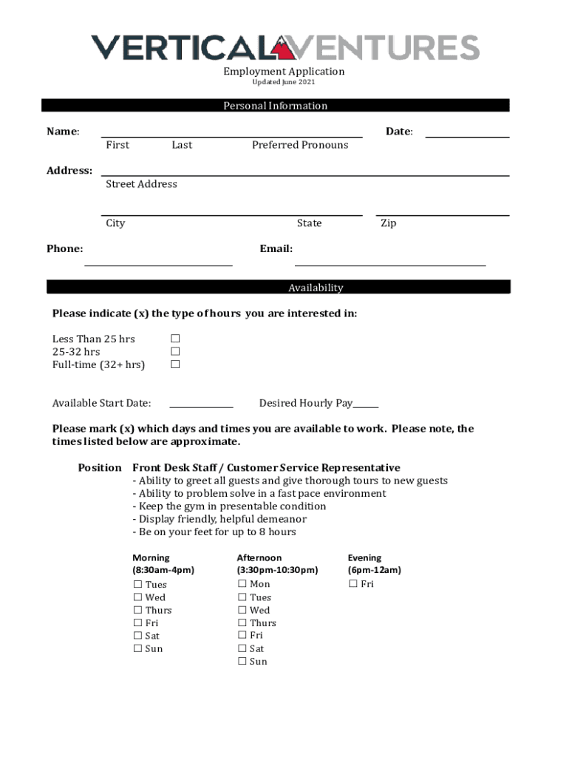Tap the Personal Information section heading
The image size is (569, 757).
pos(275,106)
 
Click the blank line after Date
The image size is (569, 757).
pos(467,136)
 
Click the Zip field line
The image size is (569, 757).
pos(443,214)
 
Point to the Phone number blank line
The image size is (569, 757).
pos(158,263)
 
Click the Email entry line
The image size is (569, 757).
pos(390,263)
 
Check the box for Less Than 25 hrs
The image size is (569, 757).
pos(176,339)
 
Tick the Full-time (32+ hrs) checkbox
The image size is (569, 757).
pos(176,364)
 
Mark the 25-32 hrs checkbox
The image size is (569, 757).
pos(176,352)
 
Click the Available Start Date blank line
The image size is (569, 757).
pos(201,407)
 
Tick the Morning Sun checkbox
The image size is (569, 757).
pos(137,648)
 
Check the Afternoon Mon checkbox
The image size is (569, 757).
pos(242,584)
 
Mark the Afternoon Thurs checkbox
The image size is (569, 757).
pos(242,622)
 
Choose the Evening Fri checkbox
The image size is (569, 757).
pos(352,584)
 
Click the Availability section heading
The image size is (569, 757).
pos(316,288)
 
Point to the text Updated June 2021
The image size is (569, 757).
pos(284,82)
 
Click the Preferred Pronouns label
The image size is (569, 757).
pos(300,145)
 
